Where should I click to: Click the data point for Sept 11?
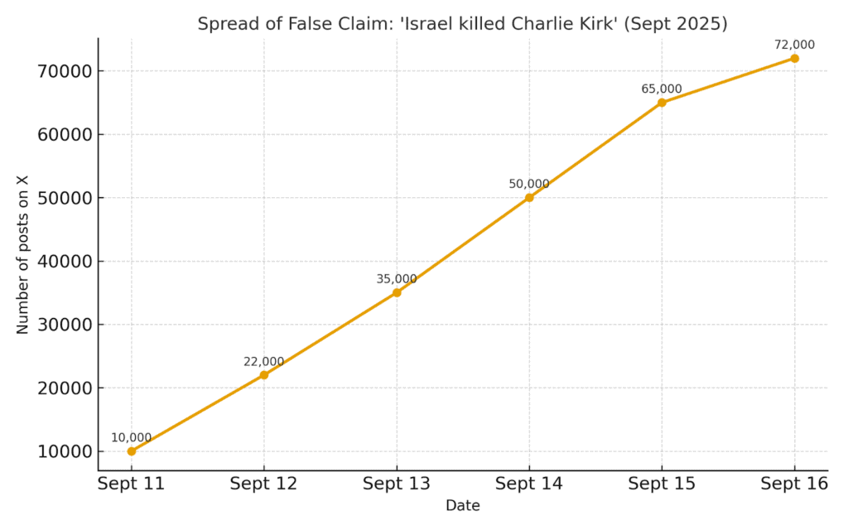[131, 451]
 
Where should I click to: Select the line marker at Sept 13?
[397, 292]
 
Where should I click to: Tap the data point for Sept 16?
[794, 58]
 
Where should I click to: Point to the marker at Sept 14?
[529, 197]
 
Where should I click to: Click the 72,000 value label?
[794, 45]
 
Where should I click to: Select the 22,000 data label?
[263, 362]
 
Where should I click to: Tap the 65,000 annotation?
[662, 89]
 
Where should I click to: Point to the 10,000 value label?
[131, 438]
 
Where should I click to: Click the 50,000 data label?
[529, 184]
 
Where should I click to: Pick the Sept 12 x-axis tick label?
[263, 484]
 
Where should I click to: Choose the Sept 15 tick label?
[662, 484]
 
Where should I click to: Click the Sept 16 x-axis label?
[794, 484]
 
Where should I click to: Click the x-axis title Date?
[462, 505]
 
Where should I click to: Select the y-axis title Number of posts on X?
[22, 253]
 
